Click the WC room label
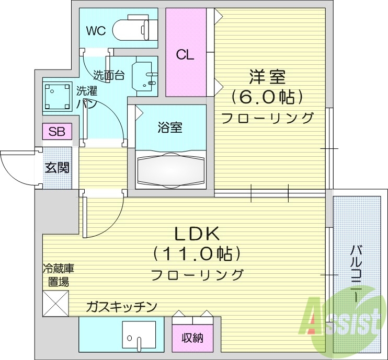click(x=96, y=31)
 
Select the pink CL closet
click(x=186, y=53)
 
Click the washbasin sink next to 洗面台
click(x=144, y=76)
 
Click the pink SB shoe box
click(x=56, y=131)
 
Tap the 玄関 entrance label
click(x=57, y=168)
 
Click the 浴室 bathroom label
click(x=169, y=127)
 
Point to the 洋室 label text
click(x=267, y=77)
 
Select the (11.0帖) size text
click(x=197, y=254)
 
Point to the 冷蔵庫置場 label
click(x=58, y=275)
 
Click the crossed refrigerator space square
click(x=55, y=303)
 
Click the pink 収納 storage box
click(x=192, y=338)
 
